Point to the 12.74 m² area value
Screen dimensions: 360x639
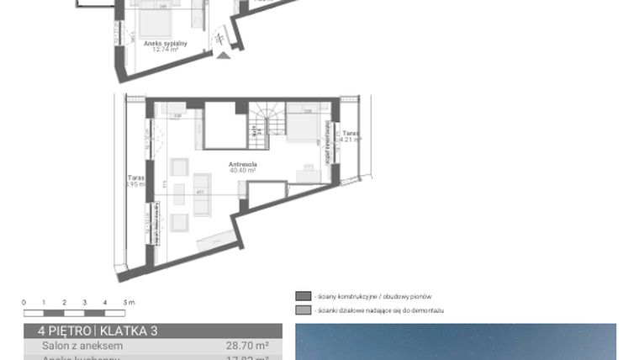pyautogui.click(x=166, y=49)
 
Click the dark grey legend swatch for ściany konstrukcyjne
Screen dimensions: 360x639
pyautogui.click(x=303, y=296)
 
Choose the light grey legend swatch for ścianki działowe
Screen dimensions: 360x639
pyautogui.click(x=303, y=310)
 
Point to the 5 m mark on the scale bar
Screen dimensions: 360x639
pyautogui.click(x=125, y=302)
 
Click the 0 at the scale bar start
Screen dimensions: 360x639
pyautogui.click(x=24, y=302)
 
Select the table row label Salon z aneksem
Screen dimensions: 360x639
pyautogui.click(x=82, y=346)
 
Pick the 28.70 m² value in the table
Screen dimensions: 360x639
pyautogui.click(x=247, y=346)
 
